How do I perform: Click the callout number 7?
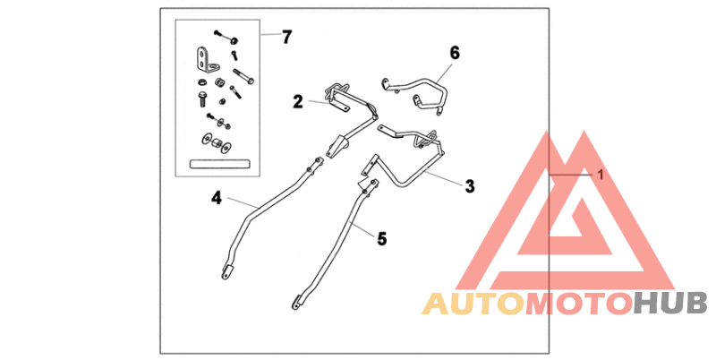286,37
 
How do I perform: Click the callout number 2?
298,101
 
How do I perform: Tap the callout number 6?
455,53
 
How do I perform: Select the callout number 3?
469,186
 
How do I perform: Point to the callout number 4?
217,198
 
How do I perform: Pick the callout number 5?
382,238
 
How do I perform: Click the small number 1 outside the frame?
601,175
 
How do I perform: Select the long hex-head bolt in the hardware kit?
243,76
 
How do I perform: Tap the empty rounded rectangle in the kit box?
219,164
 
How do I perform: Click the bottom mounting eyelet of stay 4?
226,272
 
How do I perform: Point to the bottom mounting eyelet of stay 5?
297,303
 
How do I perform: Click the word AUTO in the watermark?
473,304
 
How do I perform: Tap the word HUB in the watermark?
670,304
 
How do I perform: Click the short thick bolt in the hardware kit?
202,99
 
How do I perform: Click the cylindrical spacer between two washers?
215,142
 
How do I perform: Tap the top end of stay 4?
320,160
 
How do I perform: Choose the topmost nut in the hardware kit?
234,40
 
